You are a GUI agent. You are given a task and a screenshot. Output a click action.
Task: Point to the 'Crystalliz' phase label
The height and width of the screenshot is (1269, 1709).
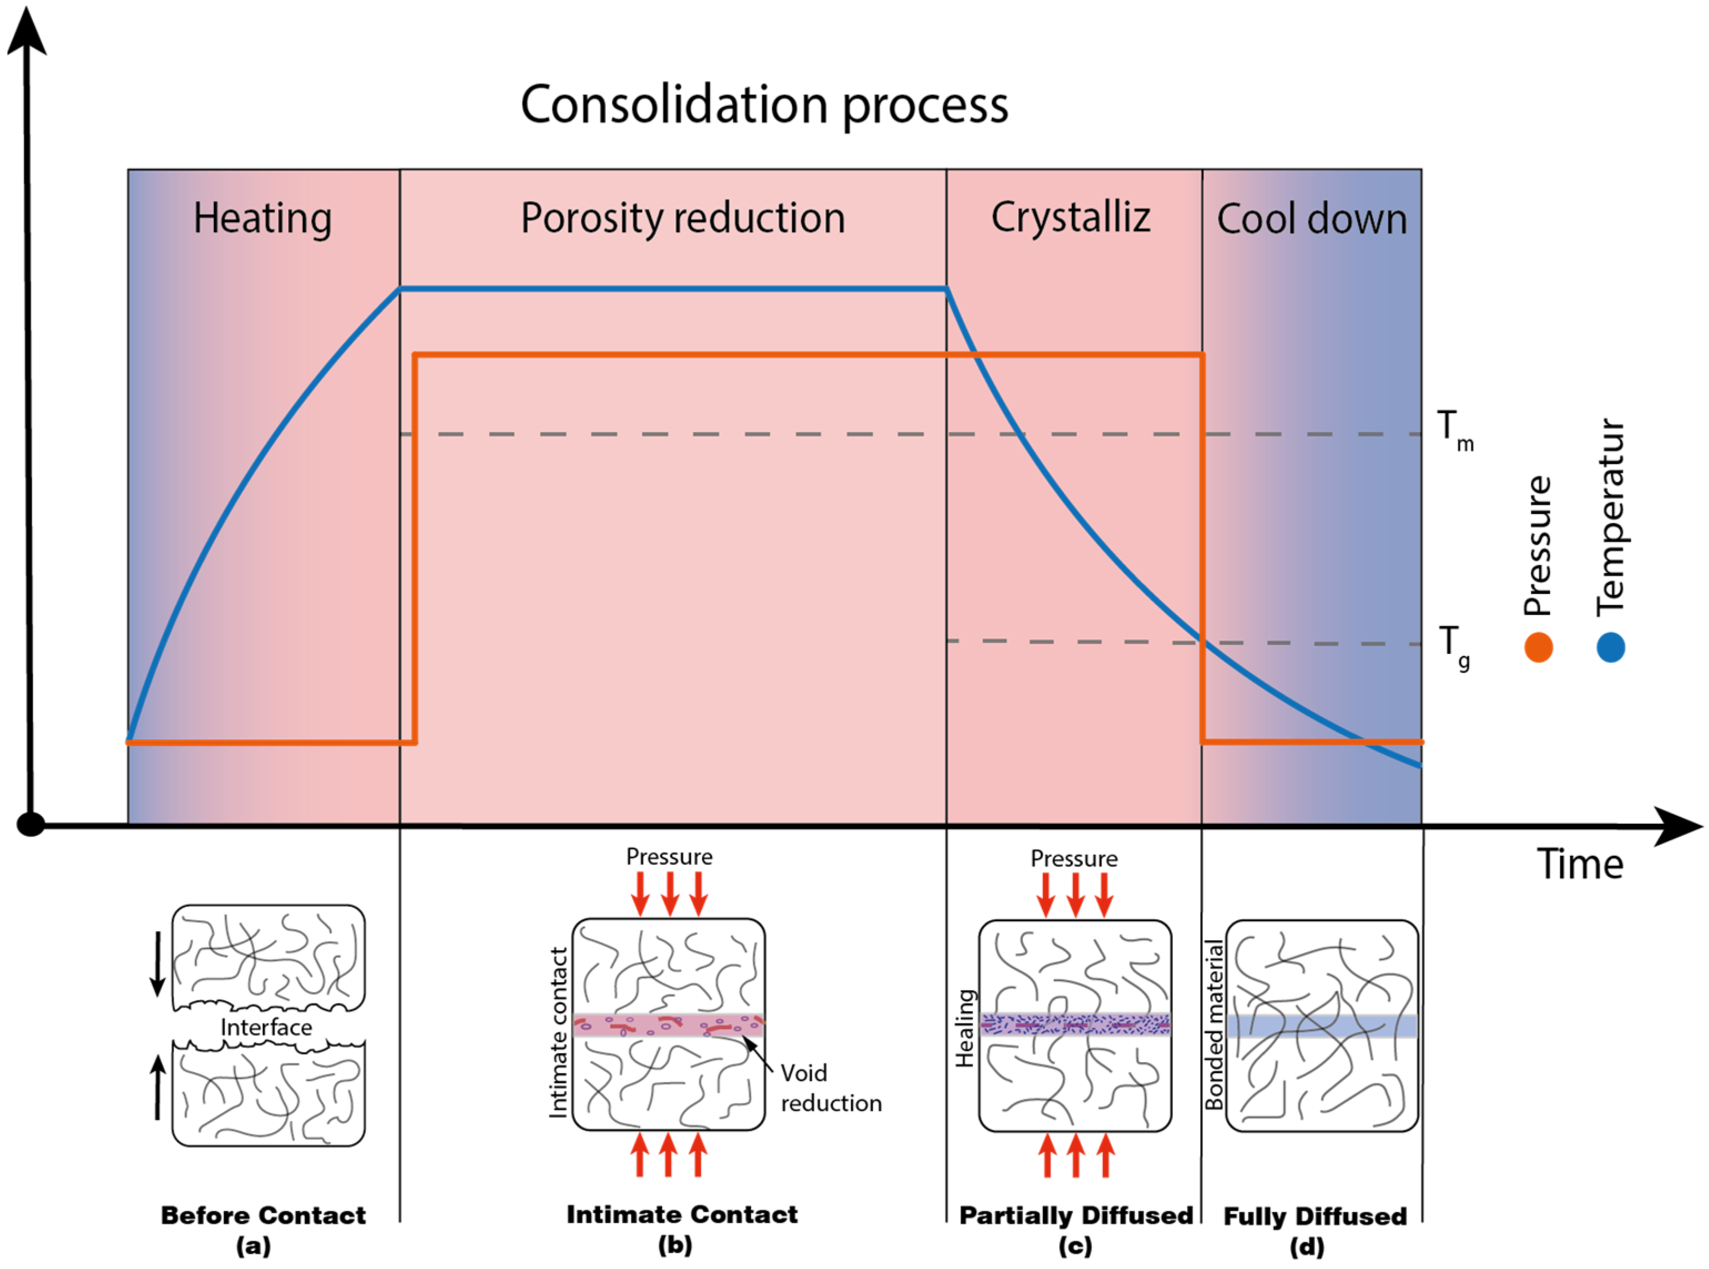point(1070,217)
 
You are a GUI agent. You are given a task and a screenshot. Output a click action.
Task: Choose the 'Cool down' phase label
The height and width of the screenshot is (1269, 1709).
point(1311,219)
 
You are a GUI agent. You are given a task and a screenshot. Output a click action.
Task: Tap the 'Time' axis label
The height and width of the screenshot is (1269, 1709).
point(1579,864)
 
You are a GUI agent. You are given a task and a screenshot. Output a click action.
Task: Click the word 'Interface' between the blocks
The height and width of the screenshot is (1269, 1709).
point(266,1028)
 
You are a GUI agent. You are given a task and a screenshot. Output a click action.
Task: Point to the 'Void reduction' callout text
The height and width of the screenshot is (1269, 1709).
point(830,1088)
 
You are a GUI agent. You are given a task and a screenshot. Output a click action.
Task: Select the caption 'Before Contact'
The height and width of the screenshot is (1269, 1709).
point(263,1215)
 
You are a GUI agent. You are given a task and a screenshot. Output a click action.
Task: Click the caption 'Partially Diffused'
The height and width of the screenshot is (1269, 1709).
point(1076,1215)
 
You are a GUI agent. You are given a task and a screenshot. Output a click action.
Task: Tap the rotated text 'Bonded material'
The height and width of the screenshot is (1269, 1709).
point(1214,1025)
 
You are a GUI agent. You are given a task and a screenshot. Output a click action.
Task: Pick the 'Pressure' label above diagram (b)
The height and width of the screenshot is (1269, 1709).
point(669,856)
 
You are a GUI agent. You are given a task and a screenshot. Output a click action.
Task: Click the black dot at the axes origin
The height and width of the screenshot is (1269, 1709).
point(31,824)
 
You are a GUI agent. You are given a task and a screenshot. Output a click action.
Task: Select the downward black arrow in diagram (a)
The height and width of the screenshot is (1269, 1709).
point(158,963)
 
